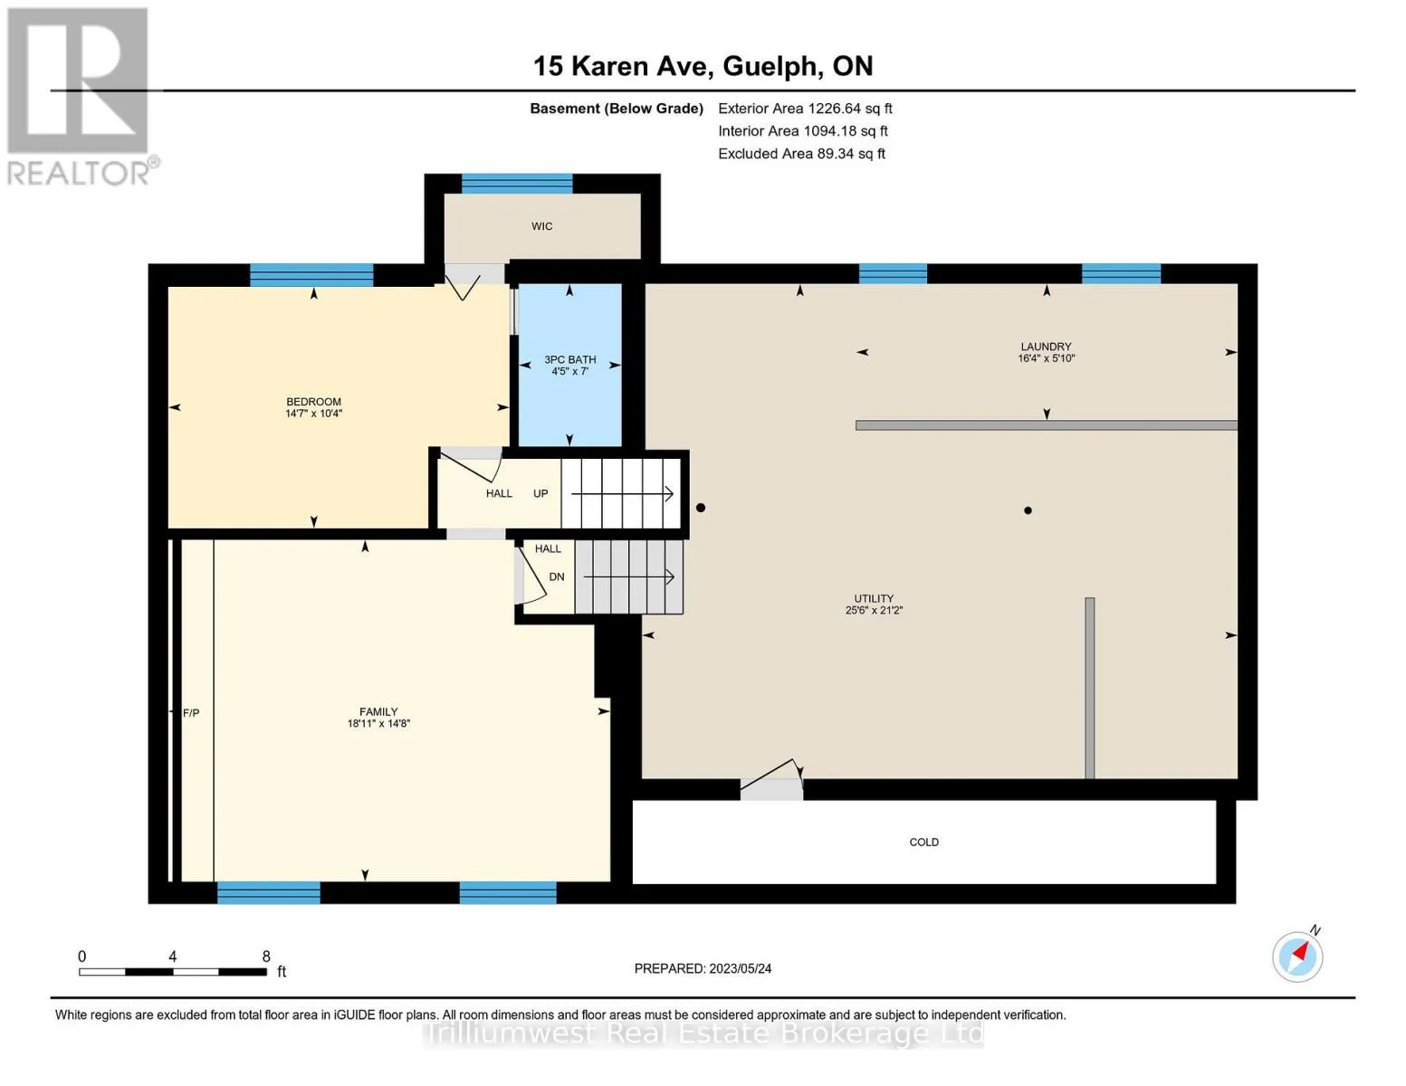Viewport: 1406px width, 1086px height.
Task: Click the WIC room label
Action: click(541, 226)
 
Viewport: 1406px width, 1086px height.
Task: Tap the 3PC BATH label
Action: click(569, 359)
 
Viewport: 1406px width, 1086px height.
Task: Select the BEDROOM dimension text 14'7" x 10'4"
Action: click(314, 414)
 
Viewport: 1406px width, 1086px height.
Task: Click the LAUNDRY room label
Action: click(1046, 347)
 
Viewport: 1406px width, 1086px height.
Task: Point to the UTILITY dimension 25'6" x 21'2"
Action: click(874, 610)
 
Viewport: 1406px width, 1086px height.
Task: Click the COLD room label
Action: click(923, 843)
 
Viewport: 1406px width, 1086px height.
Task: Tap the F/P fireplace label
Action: click(191, 713)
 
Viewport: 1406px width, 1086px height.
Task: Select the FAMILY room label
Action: click(378, 711)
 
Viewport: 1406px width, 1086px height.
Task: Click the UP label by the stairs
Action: click(540, 493)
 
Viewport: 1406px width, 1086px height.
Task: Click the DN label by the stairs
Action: click(557, 577)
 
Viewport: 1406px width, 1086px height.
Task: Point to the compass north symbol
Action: click(1297, 956)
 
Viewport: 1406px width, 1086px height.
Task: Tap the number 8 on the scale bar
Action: click(266, 956)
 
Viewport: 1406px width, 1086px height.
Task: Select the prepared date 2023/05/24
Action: click(741, 968)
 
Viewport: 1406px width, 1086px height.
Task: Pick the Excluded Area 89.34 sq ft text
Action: click(801, 154)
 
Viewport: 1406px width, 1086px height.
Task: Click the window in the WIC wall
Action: click(517, 184)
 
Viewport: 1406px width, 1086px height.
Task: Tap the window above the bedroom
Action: click(311, 275)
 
